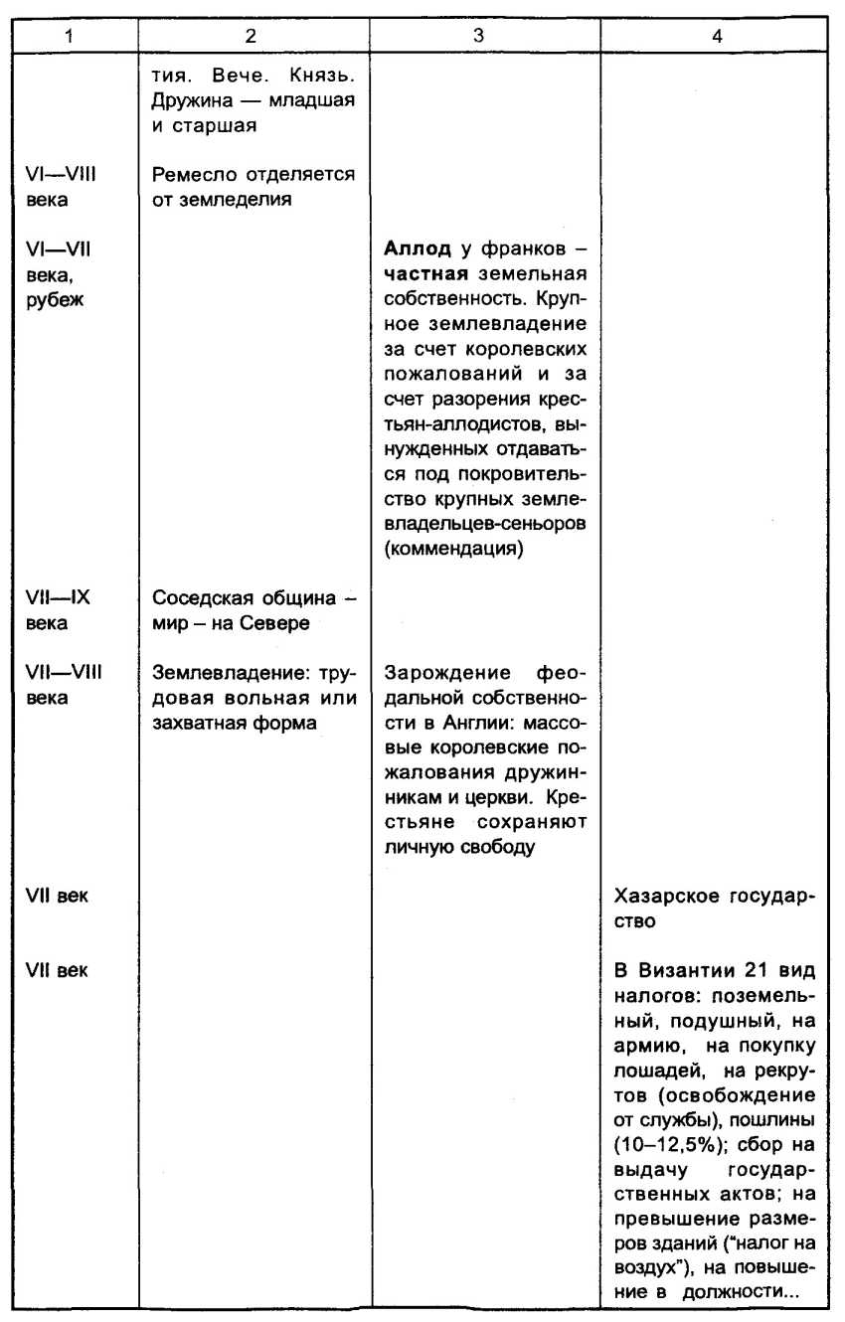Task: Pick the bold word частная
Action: (422, 274)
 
